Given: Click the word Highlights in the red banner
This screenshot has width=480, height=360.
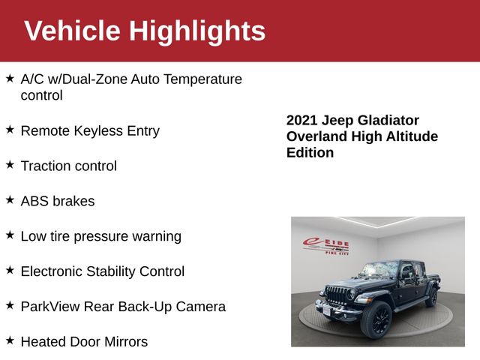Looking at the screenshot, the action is click(x=197, y=31).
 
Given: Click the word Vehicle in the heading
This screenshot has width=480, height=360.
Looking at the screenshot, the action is click(x=73, y=31).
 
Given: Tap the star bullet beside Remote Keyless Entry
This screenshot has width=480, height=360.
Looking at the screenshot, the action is click(x=10, y=130).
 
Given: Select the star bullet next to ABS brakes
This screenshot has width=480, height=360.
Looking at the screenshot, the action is click(x=10, y=200).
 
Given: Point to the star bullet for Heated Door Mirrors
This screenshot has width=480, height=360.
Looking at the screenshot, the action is click(x=10, y=340).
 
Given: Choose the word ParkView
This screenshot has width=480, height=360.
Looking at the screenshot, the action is click(x=50, y=307).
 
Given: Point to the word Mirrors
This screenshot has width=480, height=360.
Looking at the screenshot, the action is click(x=126, y=342).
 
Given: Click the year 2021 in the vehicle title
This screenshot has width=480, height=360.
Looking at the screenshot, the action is click(x=301, y=120).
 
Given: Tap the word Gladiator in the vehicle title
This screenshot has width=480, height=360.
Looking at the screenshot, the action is click(x=388, y=120).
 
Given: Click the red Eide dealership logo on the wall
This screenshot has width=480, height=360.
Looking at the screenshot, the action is click(x=325, y=247).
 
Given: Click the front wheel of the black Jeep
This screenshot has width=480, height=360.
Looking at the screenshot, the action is click(x=376, y=319).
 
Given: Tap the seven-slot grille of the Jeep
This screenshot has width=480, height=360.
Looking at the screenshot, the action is click(x=336, y=295).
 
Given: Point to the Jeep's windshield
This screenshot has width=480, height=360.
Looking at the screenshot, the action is click(x=379, y=269).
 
